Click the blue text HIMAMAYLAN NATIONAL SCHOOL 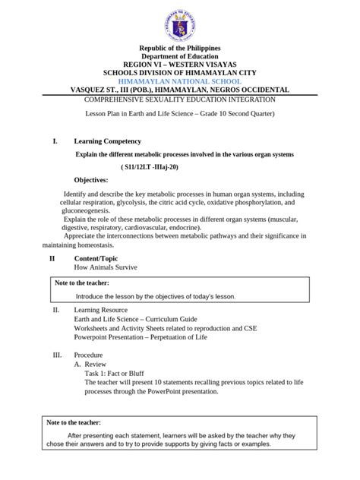[179, 81]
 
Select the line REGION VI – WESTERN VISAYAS [179, 65]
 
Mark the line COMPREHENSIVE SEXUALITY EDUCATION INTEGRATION [179, 99]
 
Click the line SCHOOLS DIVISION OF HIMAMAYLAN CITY [179, 73]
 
